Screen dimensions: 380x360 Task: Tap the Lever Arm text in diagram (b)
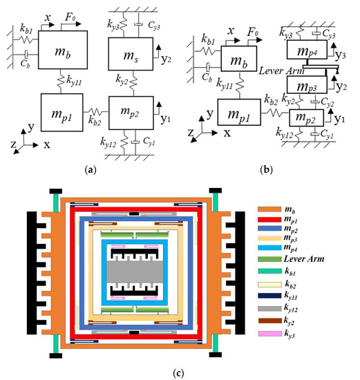click(x=274, y=71)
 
